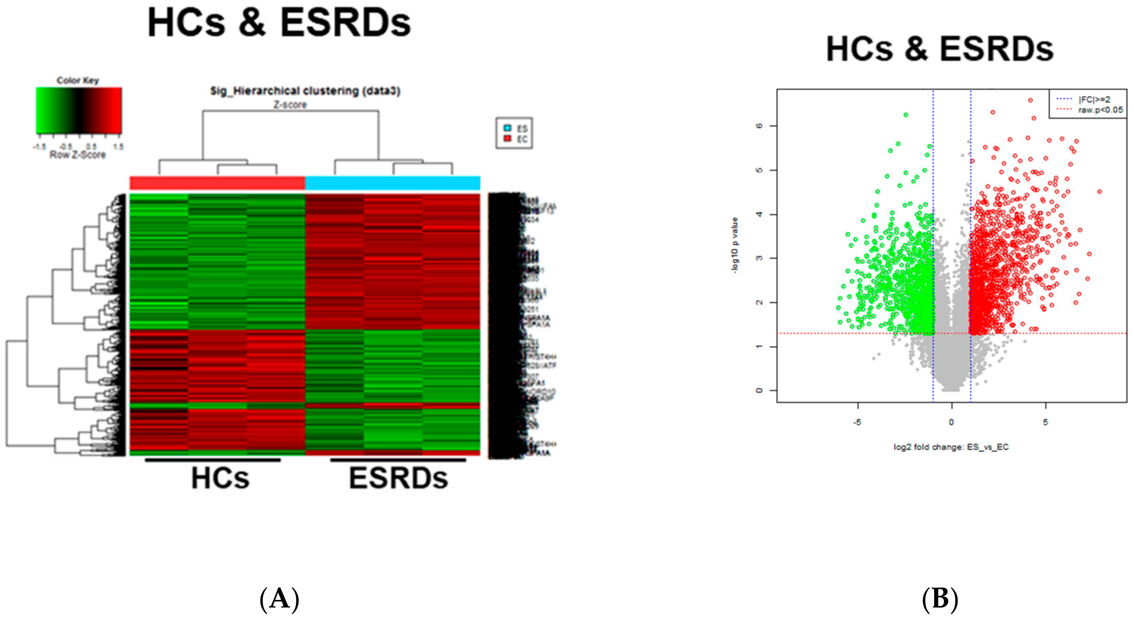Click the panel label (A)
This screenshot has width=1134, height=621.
(280, 599)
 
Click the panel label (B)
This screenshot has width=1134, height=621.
(940, 599)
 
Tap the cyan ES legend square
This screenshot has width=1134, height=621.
(507, 128)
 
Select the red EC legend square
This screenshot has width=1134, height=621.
(507, 139)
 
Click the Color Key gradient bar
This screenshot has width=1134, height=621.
(79, 110)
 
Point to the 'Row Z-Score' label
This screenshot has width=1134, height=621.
(78, 155)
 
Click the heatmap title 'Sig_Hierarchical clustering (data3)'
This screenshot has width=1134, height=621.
(305, 91)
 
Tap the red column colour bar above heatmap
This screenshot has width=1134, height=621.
(217, 183)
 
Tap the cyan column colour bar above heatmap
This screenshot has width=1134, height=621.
(393, 183)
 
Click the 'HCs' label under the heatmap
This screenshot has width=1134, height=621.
(220, 478)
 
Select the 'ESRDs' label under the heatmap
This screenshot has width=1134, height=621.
(398, 478)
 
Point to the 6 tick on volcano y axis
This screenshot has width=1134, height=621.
(759, 126)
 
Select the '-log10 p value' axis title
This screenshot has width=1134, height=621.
(734, 245)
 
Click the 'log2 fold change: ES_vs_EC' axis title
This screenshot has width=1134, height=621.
(951, 447)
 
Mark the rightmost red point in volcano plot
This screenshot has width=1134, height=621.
(1099, 191)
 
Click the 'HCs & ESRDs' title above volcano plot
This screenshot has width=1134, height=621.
(939, 49)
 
